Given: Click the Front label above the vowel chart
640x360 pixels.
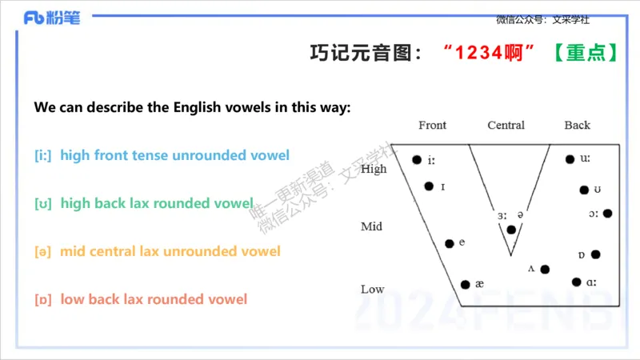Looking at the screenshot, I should pos(432,126).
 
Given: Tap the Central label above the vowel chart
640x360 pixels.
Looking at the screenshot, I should pos(506,126).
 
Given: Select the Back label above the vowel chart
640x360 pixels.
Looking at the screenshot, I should pos(577,126).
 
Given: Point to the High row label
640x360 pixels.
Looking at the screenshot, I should pos(374,169).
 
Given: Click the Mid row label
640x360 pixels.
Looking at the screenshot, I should pos(371,226).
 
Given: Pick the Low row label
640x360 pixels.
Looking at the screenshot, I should pos(372,289).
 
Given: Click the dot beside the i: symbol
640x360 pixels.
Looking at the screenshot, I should pos(417,160).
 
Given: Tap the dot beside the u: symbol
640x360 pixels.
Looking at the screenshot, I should pos(570,160).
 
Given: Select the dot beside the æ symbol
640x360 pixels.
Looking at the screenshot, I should pos(466,284).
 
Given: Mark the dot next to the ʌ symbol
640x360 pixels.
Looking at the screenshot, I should pos(544,270).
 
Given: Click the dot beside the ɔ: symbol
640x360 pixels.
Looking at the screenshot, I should pos(607,214).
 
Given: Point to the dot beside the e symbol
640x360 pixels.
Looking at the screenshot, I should pos(450,243).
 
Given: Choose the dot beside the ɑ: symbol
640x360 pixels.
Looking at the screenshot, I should pos(576,282).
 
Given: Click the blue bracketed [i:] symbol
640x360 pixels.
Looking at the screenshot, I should pos(43,155).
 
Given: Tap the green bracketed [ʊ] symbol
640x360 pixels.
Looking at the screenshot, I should pos(43,203).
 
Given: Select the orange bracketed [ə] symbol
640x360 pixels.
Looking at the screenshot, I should pos(43,251).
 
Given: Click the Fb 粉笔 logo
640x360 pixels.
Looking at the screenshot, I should pos(51,18).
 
